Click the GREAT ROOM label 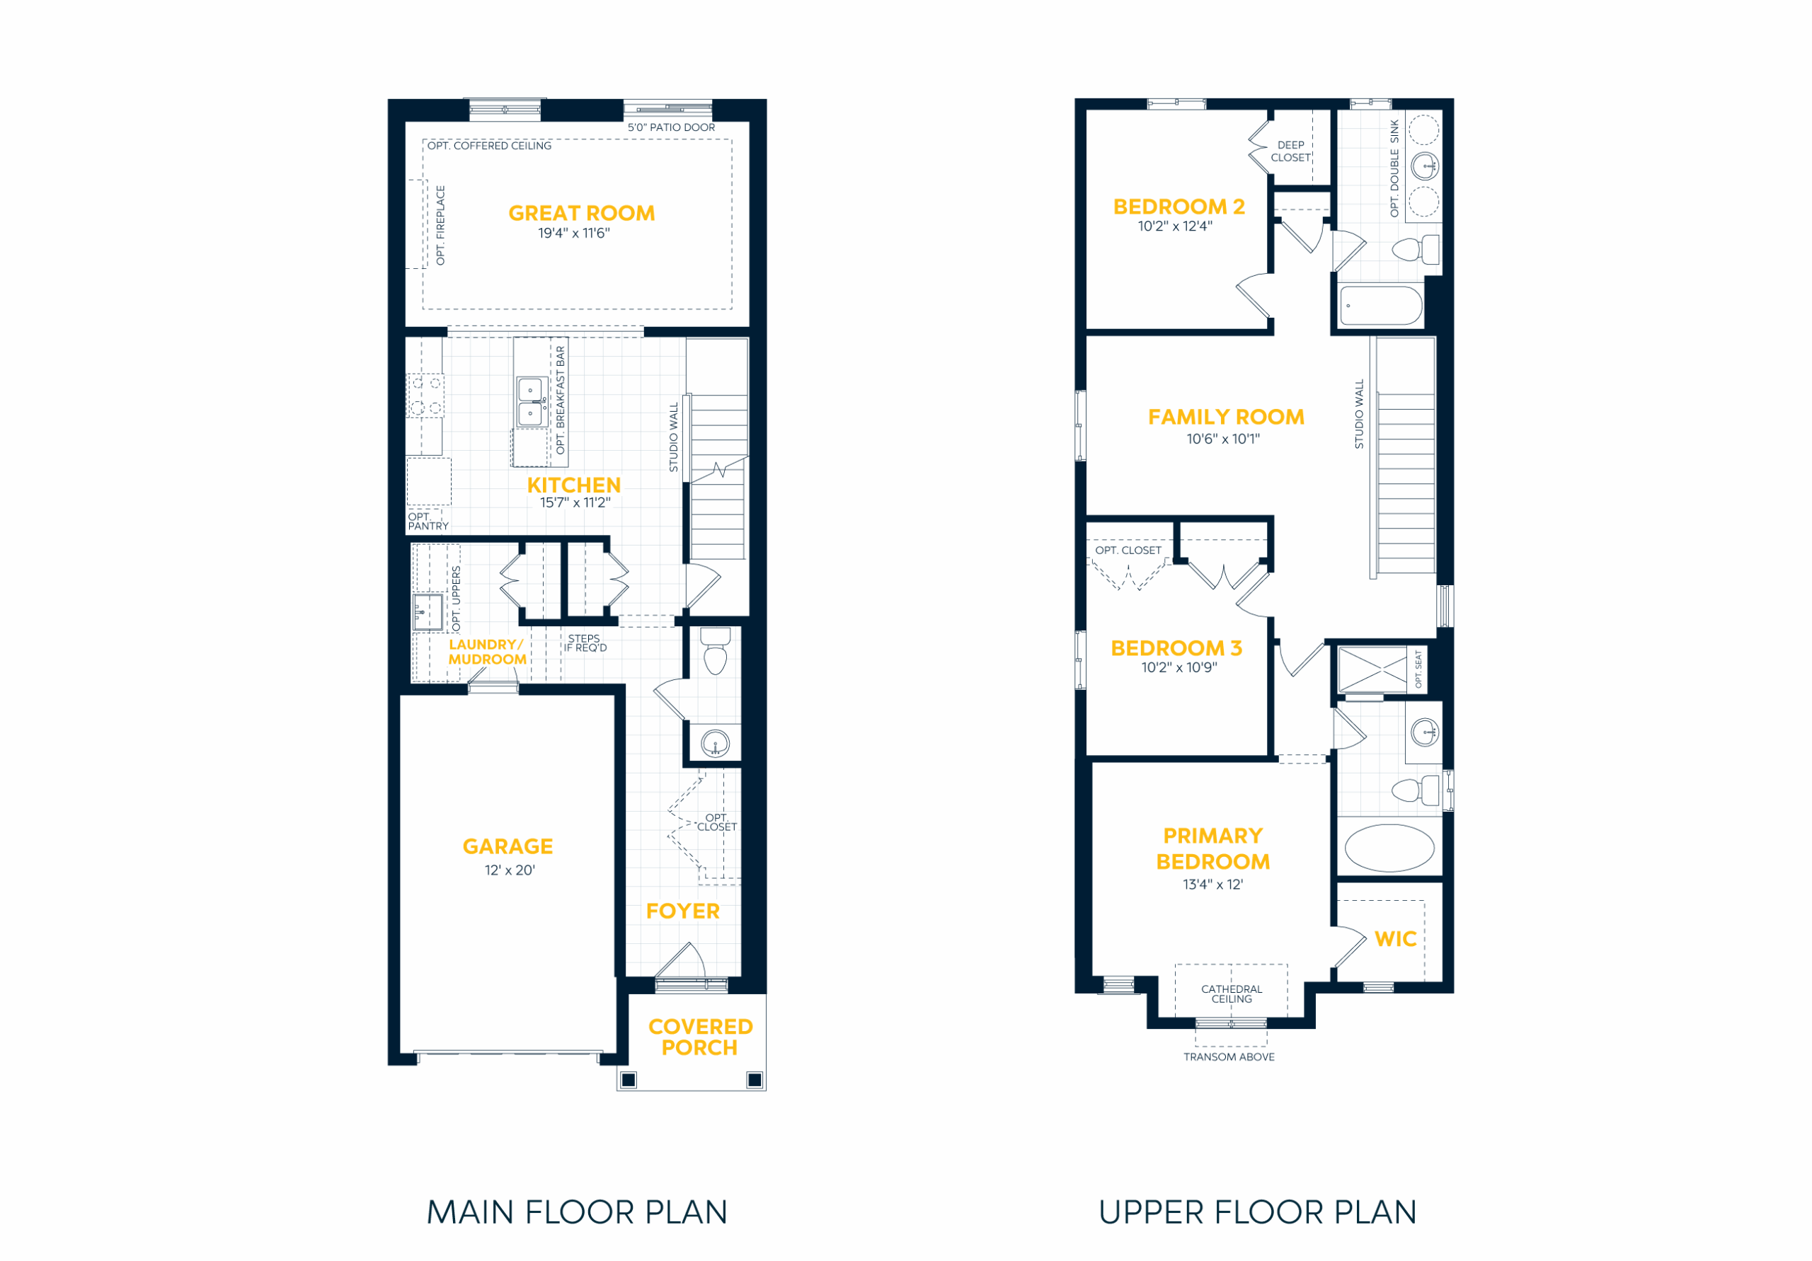point(582,213)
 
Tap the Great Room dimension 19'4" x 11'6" point(574,233)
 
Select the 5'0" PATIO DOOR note point(671,127)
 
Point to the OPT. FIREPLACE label point(440,226)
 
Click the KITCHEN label point(574,485)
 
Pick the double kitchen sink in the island point(530,402)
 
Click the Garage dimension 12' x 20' point(510,870)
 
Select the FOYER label point(682,911)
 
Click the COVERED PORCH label point(700,1037)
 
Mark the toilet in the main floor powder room point(716,650)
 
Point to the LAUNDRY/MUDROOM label point(487,652)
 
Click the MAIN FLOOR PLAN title point(577,1212)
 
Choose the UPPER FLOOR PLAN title point(1258,1212)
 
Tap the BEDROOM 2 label point(1179,207)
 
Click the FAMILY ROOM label point(1226,417)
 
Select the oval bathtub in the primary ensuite point(1389,848)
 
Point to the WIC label point(1395,939)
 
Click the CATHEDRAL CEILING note point(1231,994)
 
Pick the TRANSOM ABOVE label point(1229,1056)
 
